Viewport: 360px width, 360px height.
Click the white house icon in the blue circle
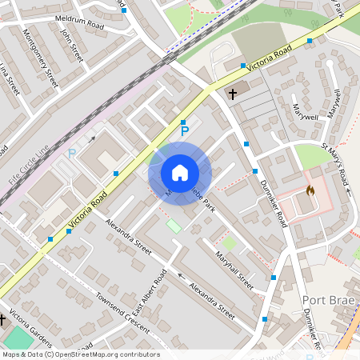180,173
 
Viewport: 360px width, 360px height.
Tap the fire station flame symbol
310,191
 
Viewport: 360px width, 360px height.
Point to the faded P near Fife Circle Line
71,154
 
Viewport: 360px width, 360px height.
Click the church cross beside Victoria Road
233,94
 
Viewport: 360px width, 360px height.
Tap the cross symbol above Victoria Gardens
2,320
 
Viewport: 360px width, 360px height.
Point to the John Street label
72,46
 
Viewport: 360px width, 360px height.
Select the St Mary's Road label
336,165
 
